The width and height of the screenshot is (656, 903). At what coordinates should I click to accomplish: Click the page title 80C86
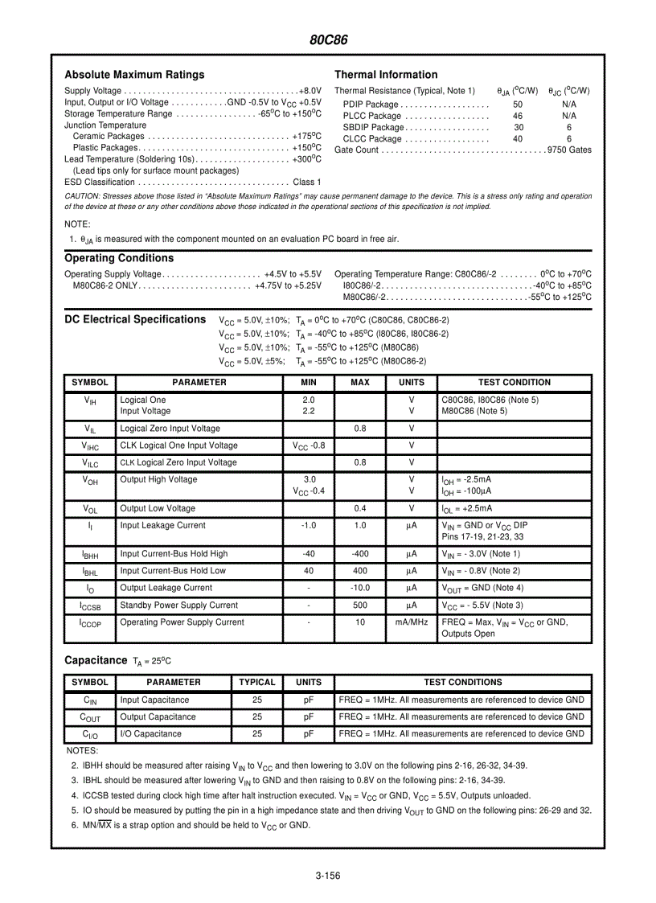click(328, 40)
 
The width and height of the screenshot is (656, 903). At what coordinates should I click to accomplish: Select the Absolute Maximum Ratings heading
click(134, 75)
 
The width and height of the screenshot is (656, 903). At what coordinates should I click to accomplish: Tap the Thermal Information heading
click(386, 75)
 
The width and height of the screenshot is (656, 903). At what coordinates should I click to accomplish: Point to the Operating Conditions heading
click(119, 258)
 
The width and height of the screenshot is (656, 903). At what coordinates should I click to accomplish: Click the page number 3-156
click(328, 876)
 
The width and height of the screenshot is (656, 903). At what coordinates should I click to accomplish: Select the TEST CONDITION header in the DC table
click(515, 383)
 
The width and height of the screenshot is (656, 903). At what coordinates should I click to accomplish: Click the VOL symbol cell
click(90, 509)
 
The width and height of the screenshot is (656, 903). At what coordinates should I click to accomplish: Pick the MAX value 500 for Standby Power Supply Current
click(360, 605)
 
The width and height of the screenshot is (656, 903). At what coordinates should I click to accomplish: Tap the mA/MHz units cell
click(412, 622)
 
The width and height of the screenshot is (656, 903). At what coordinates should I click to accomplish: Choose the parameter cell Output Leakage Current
click(166, 588)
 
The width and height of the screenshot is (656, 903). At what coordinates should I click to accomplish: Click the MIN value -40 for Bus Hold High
click(309, 554)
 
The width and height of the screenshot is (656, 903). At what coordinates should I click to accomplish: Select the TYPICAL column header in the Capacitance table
click(257, 683)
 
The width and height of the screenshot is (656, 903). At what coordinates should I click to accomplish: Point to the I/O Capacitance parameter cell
click(150, 734)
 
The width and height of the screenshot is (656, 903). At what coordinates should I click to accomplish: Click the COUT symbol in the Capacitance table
click(89, 717)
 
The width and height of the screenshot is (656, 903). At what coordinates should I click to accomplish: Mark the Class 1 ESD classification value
click(307, 183)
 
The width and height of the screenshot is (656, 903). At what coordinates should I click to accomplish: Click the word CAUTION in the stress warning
click(84, 196)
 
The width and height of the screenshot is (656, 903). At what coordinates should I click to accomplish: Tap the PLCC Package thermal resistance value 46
click(518, 116)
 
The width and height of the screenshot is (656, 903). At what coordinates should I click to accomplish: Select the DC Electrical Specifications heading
click(135, 319)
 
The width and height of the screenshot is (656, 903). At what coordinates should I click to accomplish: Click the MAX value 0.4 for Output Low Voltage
click(360, 509)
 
